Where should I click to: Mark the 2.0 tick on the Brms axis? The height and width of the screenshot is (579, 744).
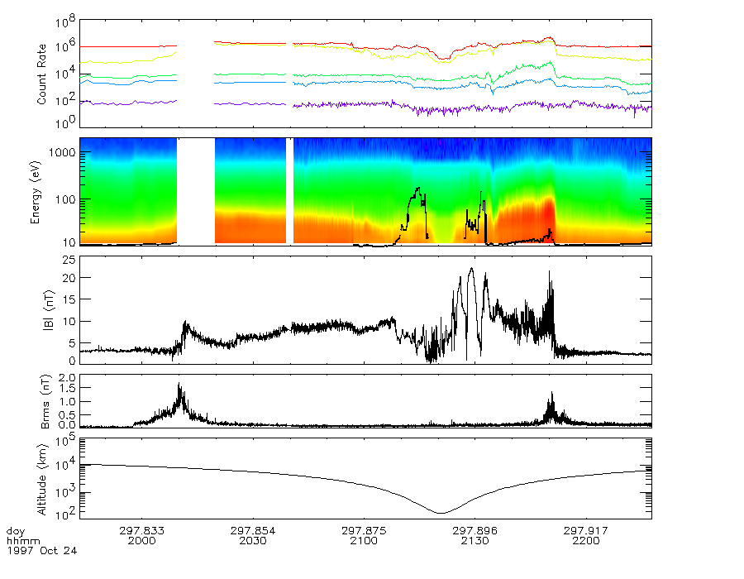tap(69, 377)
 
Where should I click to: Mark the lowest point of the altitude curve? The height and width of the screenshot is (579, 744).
tap(441, 513)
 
